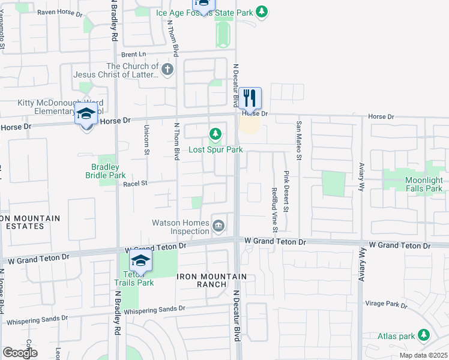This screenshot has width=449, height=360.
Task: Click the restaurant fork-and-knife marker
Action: coord(250,97)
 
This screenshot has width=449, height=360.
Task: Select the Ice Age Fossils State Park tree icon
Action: coord(261,11)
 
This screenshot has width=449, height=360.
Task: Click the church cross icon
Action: coord(167,70)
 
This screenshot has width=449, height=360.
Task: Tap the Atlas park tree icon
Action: coord(424,335)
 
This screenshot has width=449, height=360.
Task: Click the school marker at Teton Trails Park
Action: coord(140,260)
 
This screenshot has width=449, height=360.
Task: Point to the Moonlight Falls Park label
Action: coord(415,184)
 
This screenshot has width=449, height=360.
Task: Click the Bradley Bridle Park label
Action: coord(106,171)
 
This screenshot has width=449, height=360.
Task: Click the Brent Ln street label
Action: coord(133,53)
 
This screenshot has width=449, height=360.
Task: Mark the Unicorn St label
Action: coord(146,140)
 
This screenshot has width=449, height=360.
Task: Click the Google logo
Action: coord(20,353)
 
